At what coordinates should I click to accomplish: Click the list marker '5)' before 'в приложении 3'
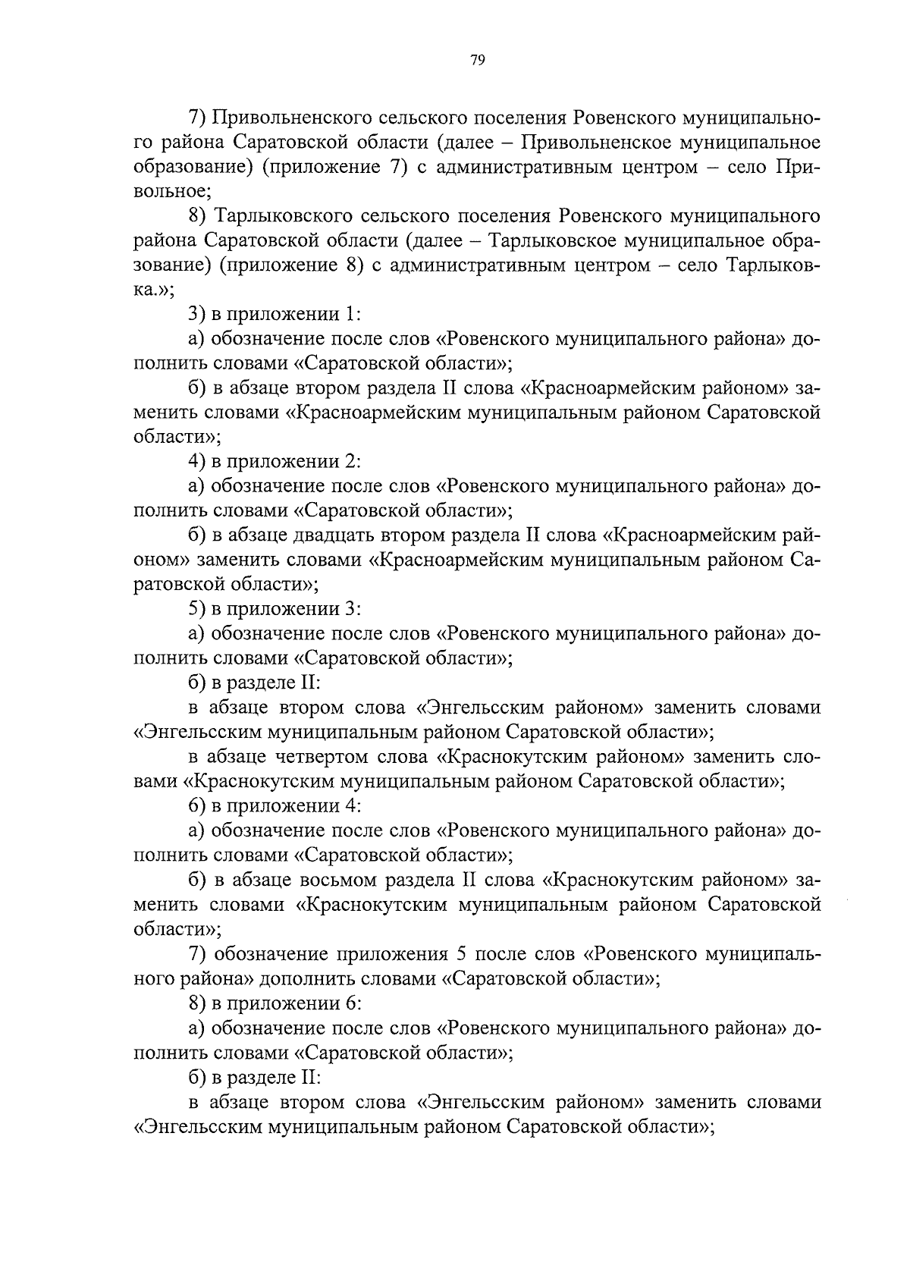point(198,609)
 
